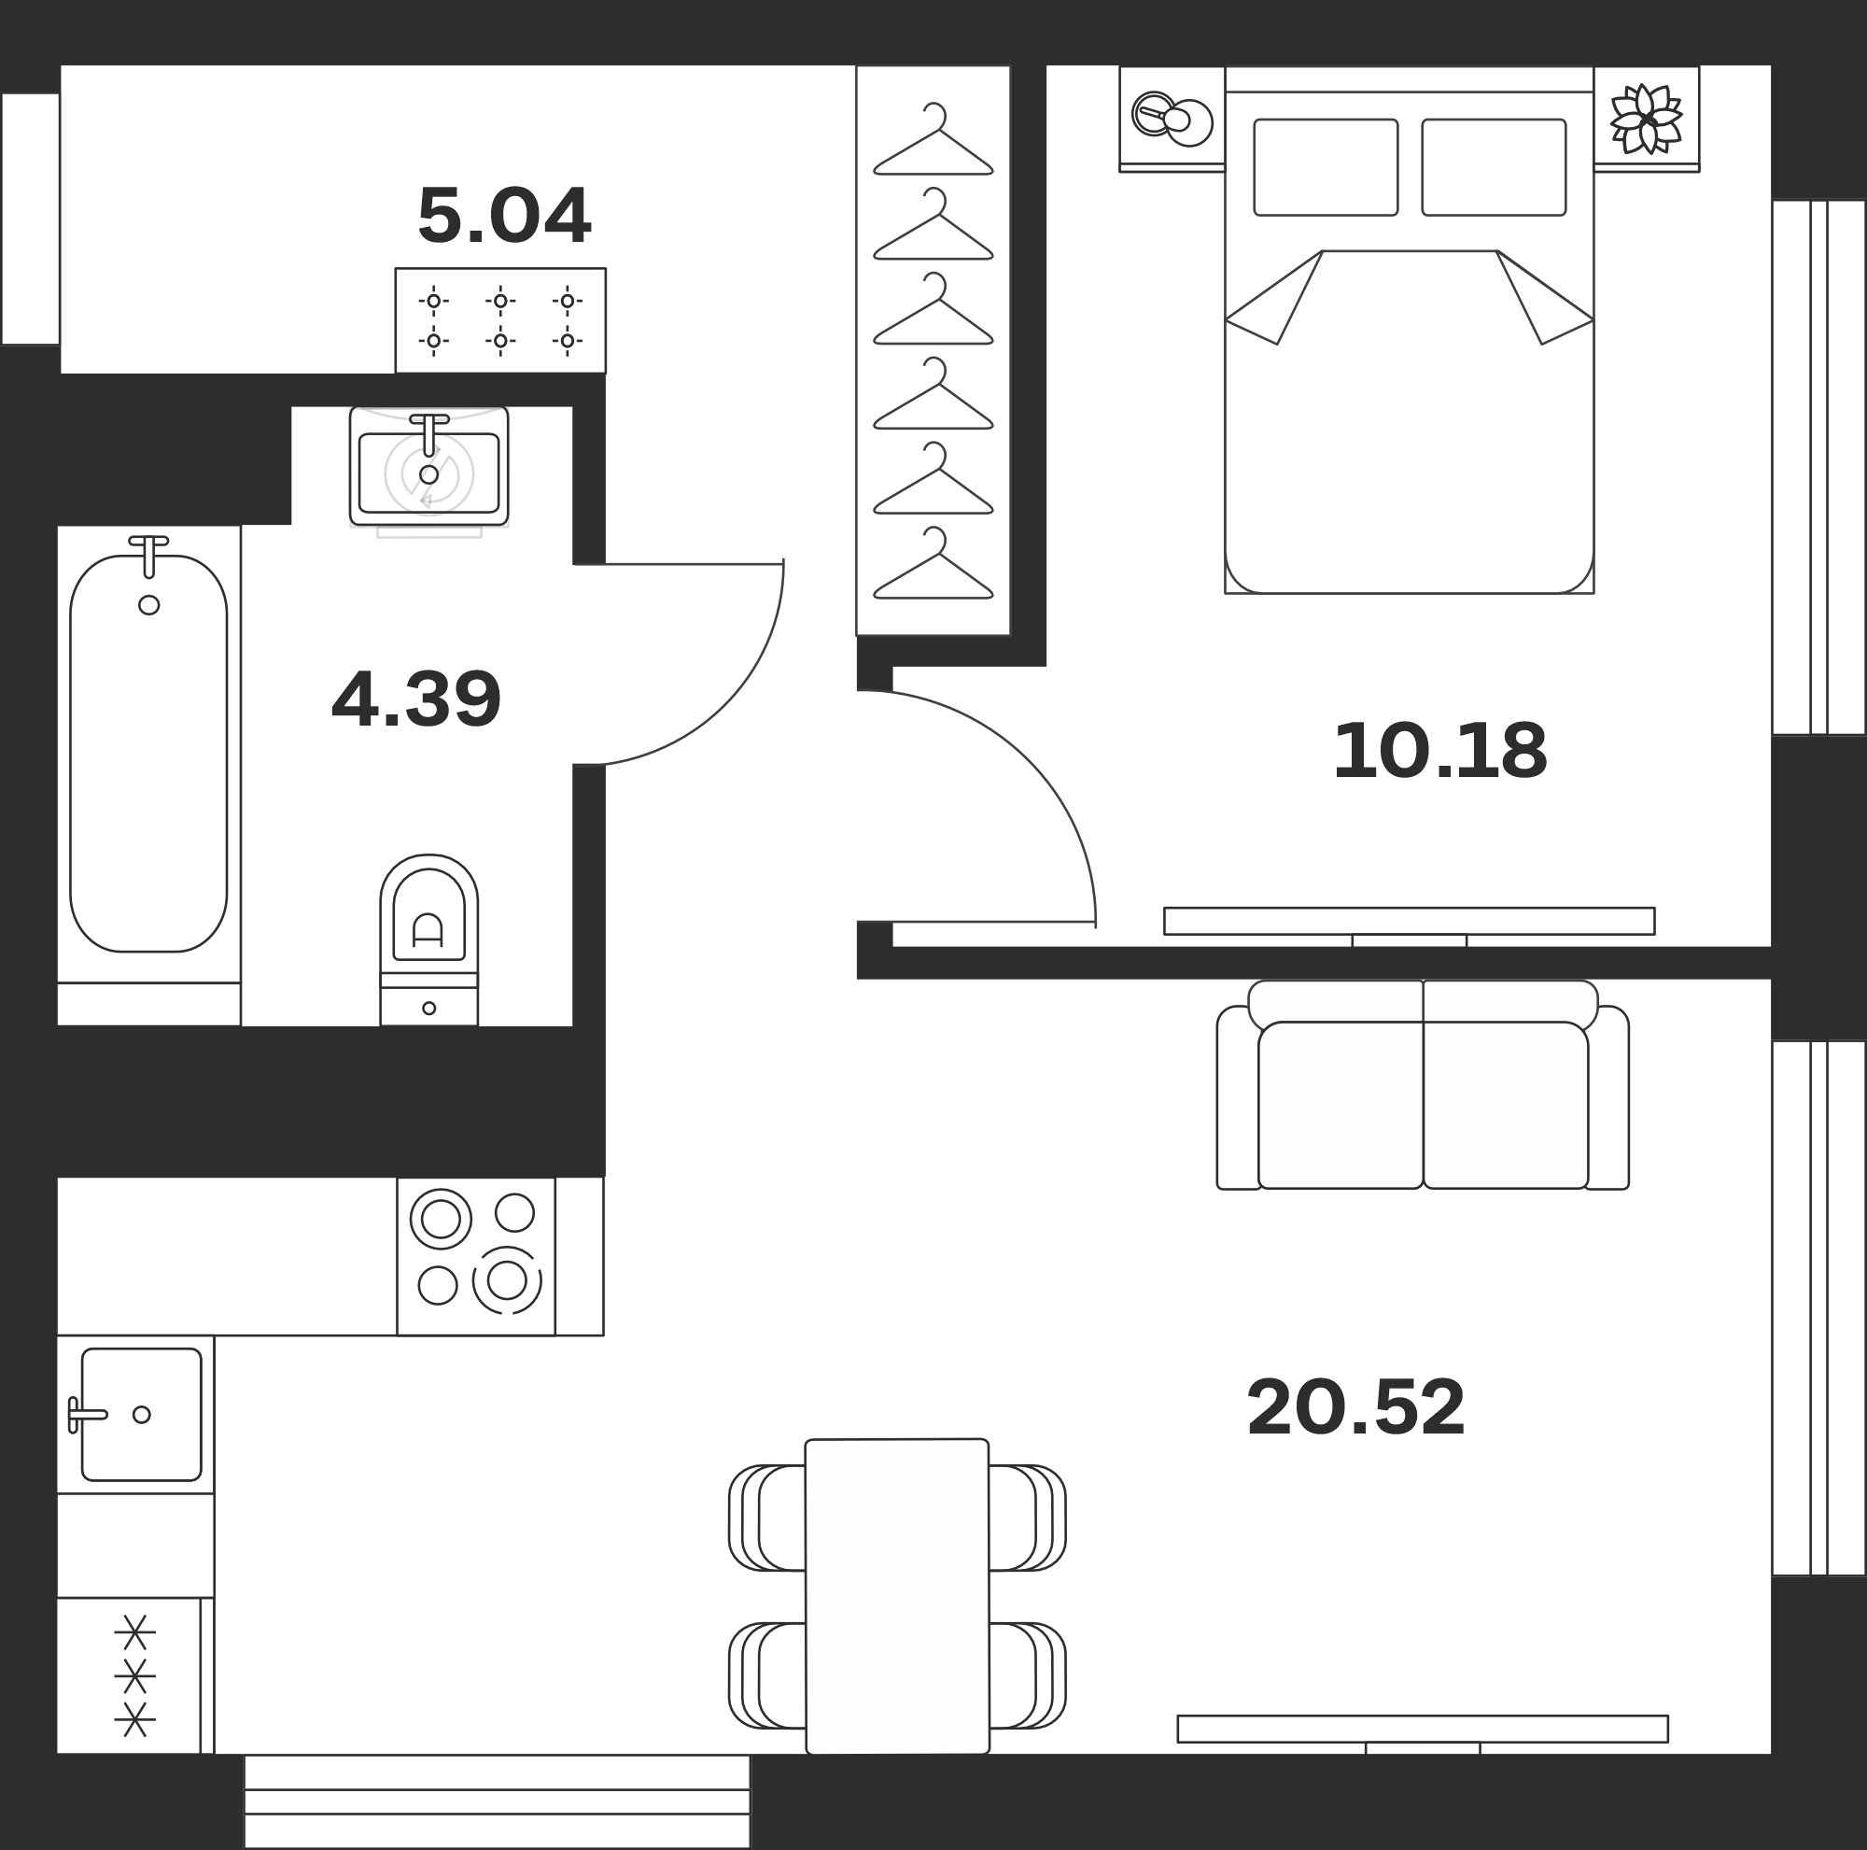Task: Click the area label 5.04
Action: (x=503, y=216)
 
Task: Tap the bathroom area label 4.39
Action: (x=415, y=699)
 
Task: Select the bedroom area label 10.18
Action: (x=1439, y=751)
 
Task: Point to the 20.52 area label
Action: (x=1355, y=1408)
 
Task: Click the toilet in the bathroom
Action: (x=429, y=939)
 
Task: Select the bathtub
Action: (x=148, y=754)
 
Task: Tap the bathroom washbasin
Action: (x=429, y=467)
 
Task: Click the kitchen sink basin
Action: (x=141, y=1414)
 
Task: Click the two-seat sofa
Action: (x=1423, y=1084)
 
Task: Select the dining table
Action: (x=897, y=1596)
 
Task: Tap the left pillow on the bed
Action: (x=1326, y=167)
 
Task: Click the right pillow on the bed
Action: (x=1494, y=167)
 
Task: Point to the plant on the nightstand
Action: (x=1646, y=119)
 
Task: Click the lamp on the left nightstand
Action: (x=1172, y=118)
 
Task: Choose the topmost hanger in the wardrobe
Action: (x=933, y=139)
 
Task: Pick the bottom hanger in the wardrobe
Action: (x=933, y=562)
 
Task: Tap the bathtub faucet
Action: (x=148, y=556)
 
